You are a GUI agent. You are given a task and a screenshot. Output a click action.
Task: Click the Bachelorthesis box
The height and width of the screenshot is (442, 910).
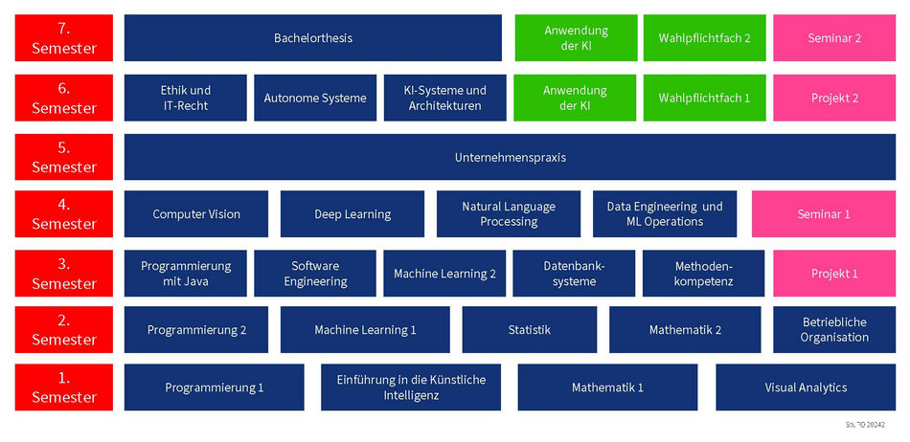click(x=312, y=38)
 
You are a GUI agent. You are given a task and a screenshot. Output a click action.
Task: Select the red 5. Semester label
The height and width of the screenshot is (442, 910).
click(x=63, y=158)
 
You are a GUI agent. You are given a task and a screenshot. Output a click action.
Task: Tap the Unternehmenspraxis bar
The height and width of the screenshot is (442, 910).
click(x=510, y=157)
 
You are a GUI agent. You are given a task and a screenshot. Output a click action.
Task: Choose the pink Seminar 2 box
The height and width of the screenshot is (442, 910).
click(x=834, y=38)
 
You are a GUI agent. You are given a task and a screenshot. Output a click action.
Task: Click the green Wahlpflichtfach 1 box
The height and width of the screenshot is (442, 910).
click(x=704, y=98)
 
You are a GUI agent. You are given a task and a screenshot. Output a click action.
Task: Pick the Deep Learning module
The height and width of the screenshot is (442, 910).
click(x=353, y=214)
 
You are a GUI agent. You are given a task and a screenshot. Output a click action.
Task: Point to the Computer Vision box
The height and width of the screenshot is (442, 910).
click(x=196, y=214)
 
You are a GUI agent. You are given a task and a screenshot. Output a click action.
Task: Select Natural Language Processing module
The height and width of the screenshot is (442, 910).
click(x=508, y=214)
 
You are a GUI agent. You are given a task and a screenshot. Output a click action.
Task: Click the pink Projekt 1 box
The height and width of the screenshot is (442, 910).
click(x=834, y=274)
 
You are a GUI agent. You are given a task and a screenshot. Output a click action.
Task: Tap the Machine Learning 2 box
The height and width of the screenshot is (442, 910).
click(x=444, y=274)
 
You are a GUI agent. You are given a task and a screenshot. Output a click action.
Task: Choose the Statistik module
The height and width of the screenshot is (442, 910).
click(x=529, y=330)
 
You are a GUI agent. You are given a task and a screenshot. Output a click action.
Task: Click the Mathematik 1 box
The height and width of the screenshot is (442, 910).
click(x=607, y=387)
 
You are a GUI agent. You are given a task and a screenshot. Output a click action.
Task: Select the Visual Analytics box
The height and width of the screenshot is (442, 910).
click(x=806, y=387)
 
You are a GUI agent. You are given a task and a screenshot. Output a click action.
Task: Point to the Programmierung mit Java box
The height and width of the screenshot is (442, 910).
click(x=186, y=274)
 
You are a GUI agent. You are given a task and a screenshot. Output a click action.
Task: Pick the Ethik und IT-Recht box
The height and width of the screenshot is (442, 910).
click(x=185, y=98)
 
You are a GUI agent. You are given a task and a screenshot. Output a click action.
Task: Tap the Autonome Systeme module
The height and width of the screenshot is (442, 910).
click(x=315, y=98)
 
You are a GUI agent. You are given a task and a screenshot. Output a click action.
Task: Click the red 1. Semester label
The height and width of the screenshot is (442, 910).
click(x=63, y=387)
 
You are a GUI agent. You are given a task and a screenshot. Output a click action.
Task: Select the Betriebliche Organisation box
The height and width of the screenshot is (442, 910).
click(x=834, y=330)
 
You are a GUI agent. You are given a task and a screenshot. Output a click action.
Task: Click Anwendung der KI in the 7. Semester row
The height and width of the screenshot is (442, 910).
click(x=575, y=38)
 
